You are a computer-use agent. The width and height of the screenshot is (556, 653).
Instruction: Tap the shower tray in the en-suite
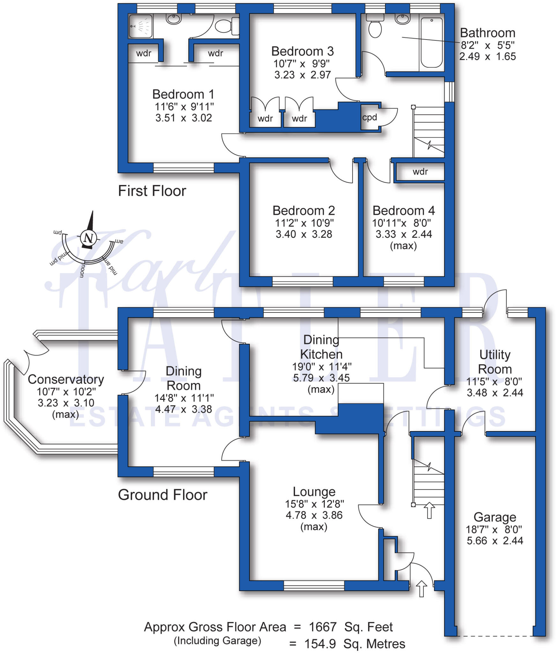point(141,26)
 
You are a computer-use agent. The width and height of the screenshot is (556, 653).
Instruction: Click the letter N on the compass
point(88,238)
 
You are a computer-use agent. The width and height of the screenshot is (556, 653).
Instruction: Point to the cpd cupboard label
point(369,117)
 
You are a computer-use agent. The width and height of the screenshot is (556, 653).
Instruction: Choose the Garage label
point(494,517)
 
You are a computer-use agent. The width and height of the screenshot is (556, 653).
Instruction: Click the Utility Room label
point(495,362)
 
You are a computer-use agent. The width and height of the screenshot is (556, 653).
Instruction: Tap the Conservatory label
point(66,379)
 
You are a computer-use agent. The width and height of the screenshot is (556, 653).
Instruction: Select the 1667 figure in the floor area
point(322,627)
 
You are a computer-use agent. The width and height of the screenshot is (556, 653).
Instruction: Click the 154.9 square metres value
point(320,644)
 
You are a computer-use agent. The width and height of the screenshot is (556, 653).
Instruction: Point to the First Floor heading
point(152,191)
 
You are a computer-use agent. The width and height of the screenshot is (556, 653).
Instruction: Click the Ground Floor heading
point(162,495)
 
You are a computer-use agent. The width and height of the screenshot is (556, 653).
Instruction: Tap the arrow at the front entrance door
point(421,588)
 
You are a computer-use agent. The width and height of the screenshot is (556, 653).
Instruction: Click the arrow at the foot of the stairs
point(429,510)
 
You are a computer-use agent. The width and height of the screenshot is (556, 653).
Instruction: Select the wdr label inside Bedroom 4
point(420,172)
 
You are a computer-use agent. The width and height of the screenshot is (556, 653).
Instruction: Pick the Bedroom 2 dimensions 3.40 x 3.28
point(304,234)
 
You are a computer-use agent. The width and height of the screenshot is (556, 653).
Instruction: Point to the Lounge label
point(314,492)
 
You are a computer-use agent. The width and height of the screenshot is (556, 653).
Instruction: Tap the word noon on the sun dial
point(82,270)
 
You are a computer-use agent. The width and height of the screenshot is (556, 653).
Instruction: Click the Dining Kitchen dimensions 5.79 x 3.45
point(321,378)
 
